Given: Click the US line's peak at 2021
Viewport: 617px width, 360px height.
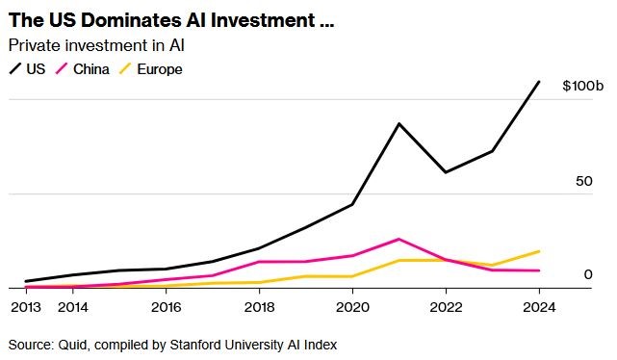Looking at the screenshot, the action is click(399, 124).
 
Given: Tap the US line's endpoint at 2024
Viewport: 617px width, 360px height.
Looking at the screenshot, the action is click(539, 82).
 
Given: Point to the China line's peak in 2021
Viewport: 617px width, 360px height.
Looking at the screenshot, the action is click(399, 240).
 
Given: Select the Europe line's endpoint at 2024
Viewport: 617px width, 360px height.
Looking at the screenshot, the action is click(539, 251).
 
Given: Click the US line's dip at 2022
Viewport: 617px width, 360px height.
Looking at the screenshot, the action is click(446, 172).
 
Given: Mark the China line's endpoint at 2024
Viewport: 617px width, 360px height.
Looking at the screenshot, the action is click(539, 270).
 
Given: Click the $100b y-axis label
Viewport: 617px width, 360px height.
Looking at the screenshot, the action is click(582, 86).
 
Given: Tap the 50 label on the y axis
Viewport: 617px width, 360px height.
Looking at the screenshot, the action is click(584, 181).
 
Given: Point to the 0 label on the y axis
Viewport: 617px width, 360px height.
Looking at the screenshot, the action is click(588, 274).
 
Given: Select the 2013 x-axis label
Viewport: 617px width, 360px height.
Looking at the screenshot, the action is click(26, 307).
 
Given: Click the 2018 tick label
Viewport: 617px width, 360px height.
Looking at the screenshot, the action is click(259, 307).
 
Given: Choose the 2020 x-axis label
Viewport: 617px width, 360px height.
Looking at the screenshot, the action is click(352, 307).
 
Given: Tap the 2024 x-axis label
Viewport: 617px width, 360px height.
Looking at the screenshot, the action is click(539, 307).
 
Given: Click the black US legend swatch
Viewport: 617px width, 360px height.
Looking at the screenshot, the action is click(15, 69).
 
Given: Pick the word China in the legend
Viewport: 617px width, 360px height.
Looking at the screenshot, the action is click(90, 69).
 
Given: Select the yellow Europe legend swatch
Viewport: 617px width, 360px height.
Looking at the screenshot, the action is click(125, 69).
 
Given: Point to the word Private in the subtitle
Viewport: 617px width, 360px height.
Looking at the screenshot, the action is click(35, 45).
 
